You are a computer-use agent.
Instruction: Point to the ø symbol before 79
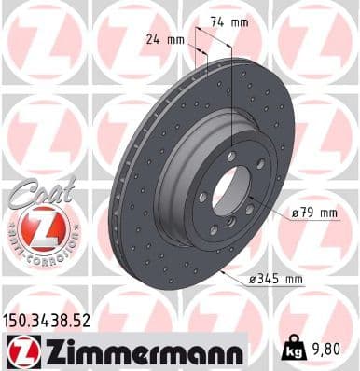(x=295, y=213)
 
